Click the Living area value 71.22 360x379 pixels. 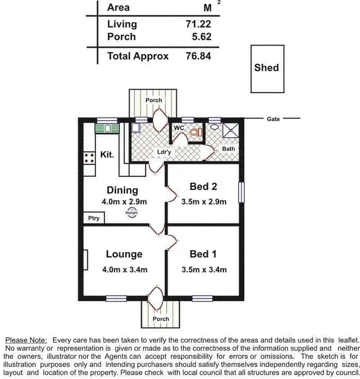tap(198, 24)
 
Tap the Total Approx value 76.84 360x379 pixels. tap(198, 56)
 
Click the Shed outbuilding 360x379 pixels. tap(267, 68)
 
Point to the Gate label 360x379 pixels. tap(274, 119)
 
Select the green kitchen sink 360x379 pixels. tap(106, 128)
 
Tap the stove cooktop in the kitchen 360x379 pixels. tap(89, 158)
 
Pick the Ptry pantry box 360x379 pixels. tap(94, 218)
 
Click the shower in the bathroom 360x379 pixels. tap(232, 130)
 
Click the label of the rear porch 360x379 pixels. tap(154, 100)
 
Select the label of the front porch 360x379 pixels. tap(161, 318)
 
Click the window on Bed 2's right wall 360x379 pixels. tap(241, 192)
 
